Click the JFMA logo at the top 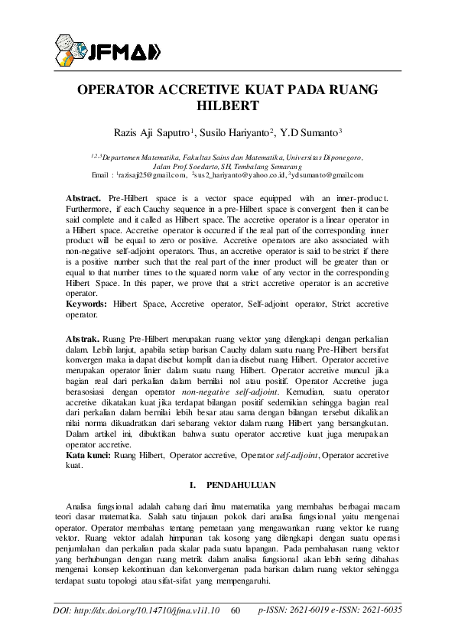(x=107, y=50)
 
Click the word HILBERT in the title (x=228, y=106)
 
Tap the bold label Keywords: (x=87, y=304)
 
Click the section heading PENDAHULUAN (x=236, y=485)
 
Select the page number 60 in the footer (x=236, y=610)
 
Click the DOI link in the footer (x=137, y=610)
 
